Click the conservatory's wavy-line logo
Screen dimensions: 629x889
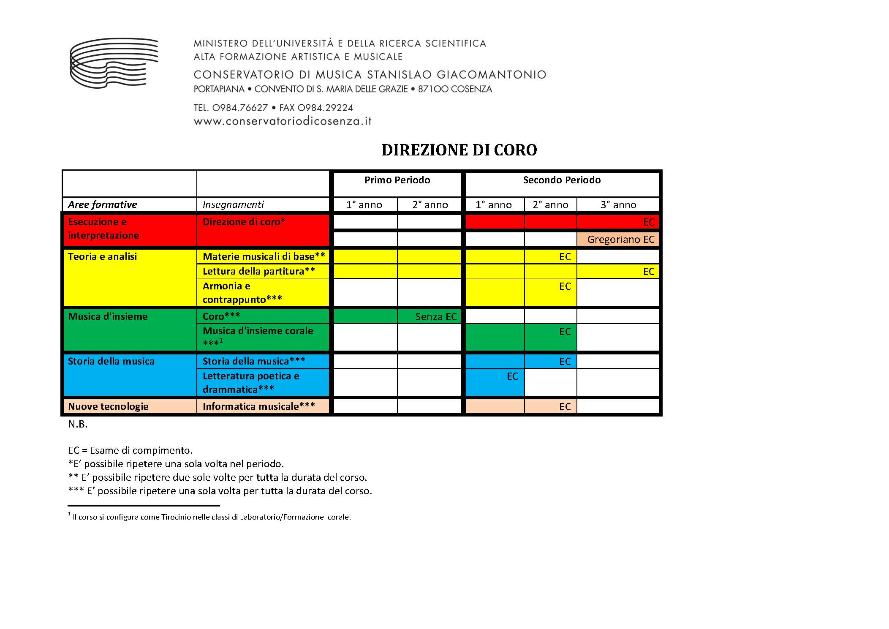(x=114, y=63)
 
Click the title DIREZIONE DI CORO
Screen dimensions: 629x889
(x=459, y=150)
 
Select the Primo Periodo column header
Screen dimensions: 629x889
(x=397, y=180)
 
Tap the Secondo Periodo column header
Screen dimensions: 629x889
(x=562, y=180)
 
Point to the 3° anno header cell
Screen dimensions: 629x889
(x=618, y=205)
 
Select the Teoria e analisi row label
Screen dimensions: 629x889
(x=103, y=257)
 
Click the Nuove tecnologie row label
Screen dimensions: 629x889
(x=109, y=406)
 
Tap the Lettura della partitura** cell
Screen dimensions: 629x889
(x=259, y=271)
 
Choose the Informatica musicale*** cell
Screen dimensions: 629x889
(x=259, y=406)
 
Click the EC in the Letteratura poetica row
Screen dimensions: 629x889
(x=512, y=376)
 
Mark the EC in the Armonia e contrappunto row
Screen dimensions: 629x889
(x=565, y=286)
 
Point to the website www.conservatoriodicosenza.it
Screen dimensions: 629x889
(x=283, y=121)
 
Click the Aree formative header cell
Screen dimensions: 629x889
(x=103, y=205)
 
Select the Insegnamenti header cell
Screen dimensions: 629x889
(x=233, y=205)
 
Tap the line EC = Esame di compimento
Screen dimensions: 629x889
(x=130, y=450)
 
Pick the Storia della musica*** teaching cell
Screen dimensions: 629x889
(x=254, y=362)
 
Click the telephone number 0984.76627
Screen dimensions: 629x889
(x=240, y=108)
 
